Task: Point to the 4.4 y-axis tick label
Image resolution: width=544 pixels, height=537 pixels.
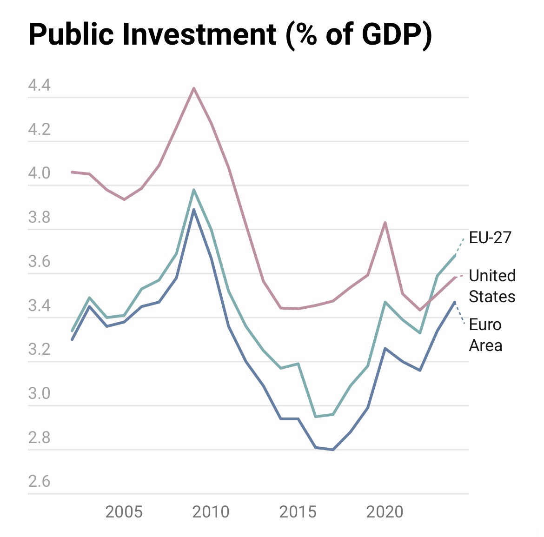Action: click(x=39, y=86)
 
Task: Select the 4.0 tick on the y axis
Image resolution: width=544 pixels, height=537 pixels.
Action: click(x=39, y=174)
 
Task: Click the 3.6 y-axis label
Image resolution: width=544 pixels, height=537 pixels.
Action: click(x=39, y=262)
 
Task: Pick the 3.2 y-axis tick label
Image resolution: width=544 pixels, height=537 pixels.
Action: click(x=39, y=350)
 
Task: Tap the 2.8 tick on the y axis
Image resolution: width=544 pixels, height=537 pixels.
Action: click(x=39, y=438)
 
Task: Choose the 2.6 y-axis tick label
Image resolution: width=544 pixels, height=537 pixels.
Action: click(x=39, y=481)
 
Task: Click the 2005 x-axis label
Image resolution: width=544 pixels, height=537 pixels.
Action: click(x=124, y=512)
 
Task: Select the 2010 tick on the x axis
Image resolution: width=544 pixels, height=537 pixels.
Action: click(x=211, y=512)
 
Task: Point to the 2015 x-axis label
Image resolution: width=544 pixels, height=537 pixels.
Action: click(x=298, y=512)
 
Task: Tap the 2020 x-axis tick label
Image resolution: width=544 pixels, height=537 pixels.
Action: click(x=385, y=512)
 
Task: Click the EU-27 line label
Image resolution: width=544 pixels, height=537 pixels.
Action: click(x=490, y=238)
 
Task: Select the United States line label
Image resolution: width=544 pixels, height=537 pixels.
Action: click(x=492, y=286)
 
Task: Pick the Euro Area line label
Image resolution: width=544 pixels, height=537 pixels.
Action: click(x=485, y=335)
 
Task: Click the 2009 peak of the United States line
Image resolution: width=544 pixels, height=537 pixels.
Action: click(x=194, y=88)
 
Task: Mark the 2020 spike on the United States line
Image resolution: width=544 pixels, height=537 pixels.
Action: click(x=385, y=223)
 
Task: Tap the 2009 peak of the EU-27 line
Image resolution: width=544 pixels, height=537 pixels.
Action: click(x=194, y=190)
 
